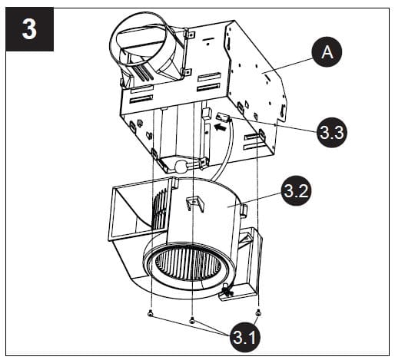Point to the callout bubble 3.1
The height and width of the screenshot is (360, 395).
(244, 335)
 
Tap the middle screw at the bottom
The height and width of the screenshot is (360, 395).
(192, 320)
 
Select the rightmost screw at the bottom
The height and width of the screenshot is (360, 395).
(257, 312)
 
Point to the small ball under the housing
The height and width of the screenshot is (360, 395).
(181, 166)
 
